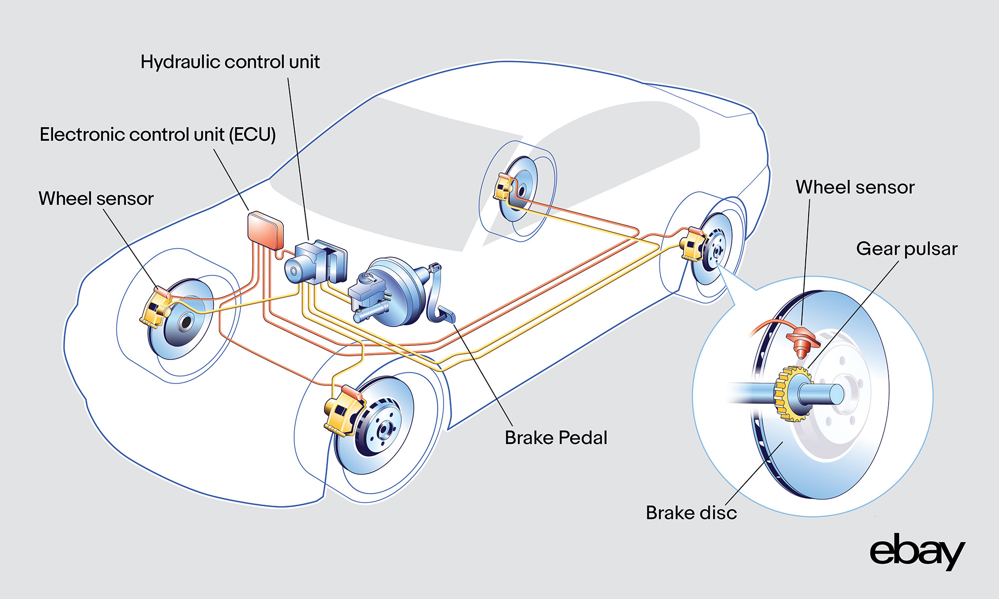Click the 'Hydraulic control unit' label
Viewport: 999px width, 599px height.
(230, 62)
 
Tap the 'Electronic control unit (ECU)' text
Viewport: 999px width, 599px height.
(157, 135)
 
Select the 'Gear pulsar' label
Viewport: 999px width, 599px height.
(906, 249)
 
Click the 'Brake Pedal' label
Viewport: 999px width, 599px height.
(555, 438)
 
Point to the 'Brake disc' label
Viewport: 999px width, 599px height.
(691, 513)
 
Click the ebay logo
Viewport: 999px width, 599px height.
(917, 552)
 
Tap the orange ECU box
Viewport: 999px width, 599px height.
(265, 230)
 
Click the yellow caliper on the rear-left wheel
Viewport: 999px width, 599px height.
(692, 245)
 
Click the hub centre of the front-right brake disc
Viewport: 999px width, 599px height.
(186, 322)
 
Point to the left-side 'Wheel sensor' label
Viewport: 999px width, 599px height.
(96, 199)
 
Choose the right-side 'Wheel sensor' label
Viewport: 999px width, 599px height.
(855, 187)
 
